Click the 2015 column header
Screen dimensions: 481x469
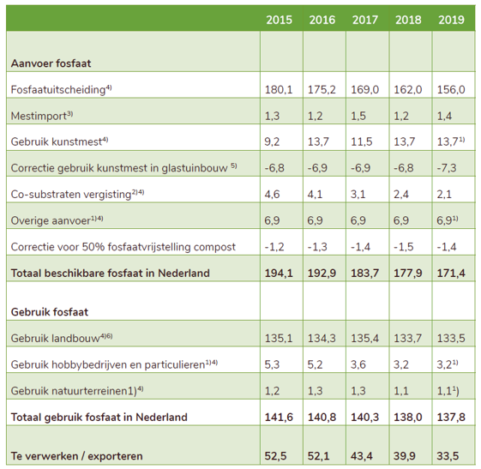279,20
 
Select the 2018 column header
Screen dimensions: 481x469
408,20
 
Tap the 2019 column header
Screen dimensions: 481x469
451,20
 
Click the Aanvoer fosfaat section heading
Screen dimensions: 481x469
51,63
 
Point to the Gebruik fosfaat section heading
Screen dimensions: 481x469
50,312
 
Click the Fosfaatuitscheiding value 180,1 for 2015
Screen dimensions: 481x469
279,89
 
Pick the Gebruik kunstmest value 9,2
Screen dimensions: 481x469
272,141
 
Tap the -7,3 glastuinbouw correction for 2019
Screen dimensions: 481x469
447,168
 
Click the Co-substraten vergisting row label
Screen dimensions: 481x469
78,194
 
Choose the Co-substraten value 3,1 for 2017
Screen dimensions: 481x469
358,194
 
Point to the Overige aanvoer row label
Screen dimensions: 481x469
57,220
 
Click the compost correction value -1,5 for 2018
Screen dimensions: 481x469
404,247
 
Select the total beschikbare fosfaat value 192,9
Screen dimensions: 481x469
322,273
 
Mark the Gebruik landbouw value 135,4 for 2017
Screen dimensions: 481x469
364,339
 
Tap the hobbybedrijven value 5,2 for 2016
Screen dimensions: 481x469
315,364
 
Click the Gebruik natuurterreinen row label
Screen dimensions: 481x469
77,390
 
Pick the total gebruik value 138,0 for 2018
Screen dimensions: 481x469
408,418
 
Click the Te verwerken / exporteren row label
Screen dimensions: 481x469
76,456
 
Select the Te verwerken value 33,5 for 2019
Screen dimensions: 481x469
448,456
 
